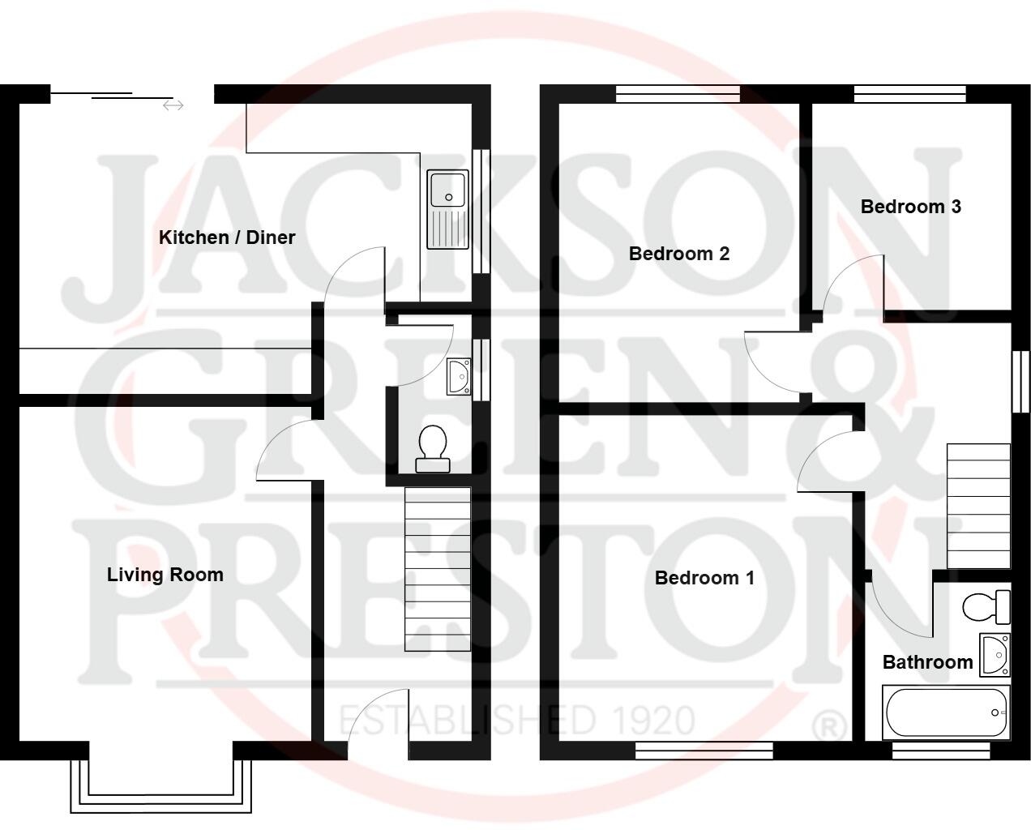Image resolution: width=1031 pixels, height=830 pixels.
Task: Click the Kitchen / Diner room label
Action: click(x=227, y=237)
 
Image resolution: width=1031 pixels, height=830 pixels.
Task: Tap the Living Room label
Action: click(x=165, y=575)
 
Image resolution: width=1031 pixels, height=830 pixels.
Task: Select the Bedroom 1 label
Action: click(x=704, y=578)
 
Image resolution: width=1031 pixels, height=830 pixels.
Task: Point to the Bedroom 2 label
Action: click(x=679, y=254)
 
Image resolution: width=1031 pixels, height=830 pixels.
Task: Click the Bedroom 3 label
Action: click(x=911, y=207)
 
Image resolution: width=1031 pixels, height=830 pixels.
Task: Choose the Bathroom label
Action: click(x=927, y=662)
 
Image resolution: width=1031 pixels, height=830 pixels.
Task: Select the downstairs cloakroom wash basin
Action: click(x=458, y=377)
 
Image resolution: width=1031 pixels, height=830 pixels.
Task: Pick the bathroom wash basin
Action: click(x=995, y=654)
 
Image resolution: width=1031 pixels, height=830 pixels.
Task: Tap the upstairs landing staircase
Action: click(x=979, y=506)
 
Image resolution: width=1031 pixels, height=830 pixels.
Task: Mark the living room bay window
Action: click(x=160, y=785)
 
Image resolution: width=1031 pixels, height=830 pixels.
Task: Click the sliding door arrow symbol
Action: click(x=173, y=105)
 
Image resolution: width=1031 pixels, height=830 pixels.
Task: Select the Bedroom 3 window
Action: click(x=910, y=94)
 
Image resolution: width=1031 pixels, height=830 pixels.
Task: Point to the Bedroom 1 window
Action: click(x=704, y=751)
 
